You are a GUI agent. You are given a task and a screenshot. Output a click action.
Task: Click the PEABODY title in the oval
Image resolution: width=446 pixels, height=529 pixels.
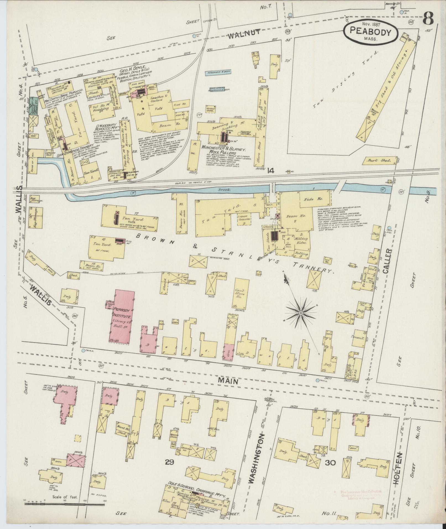371,32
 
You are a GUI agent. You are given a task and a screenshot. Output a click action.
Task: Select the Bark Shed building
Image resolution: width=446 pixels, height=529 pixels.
379,160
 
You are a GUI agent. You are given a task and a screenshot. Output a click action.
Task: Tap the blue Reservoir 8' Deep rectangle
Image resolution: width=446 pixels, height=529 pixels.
218,72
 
